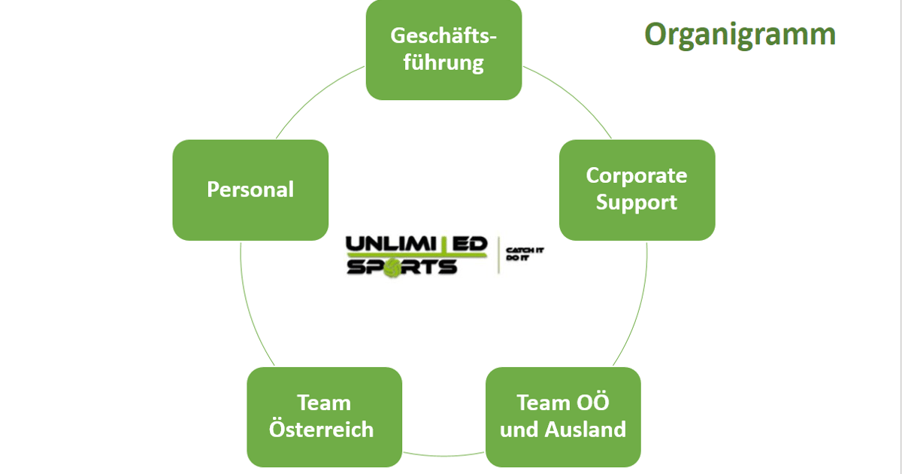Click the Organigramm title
(740, 35)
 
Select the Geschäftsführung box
(443, 50)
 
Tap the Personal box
(250, 190)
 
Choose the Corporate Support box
(637, 190)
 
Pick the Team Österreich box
(324, 416)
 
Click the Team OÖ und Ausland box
(563, 416)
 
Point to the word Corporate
(637, 176)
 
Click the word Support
(637, 202)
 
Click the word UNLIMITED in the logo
(416, 245)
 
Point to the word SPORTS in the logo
(401, 267)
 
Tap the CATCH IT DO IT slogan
(524, 254)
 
